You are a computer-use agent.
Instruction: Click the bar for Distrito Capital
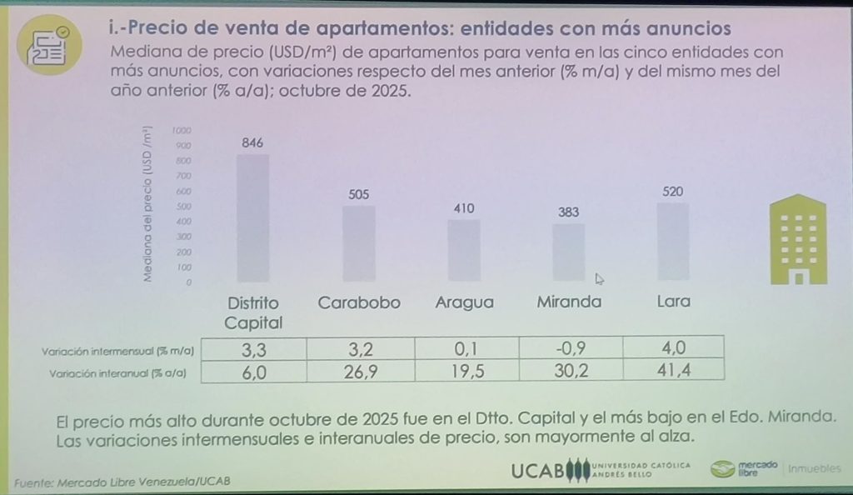point(252,218)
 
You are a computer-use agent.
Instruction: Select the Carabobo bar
point(359,244)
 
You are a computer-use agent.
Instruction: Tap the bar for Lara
point(672,242)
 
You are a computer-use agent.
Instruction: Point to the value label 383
point(569,212)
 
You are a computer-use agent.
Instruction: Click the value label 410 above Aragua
point(463,207)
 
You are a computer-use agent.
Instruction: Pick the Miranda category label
point(569,302)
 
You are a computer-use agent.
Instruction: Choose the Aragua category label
point(465,302)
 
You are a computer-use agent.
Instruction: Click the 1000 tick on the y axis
point(182,131)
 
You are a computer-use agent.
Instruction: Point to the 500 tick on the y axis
point(182,207)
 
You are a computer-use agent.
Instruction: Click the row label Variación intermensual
point(117,352)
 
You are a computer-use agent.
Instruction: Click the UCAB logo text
point(538,471)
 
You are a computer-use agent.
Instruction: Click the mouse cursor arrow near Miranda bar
point(599,278)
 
